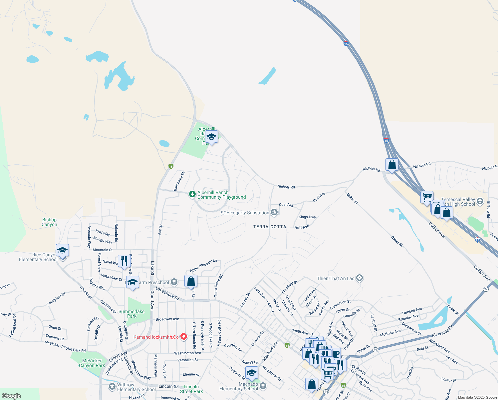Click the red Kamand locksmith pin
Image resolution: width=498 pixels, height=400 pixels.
183,337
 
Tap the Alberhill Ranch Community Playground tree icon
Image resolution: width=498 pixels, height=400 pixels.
192,194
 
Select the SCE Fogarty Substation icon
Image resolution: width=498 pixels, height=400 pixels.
274,212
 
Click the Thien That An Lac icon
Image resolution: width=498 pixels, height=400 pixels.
359,278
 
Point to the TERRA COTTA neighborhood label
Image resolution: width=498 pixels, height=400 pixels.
270,227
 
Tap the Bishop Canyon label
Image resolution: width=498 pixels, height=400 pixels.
49,222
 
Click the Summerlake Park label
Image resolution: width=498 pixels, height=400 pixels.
131,314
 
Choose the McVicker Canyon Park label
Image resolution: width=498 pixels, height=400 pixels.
92,363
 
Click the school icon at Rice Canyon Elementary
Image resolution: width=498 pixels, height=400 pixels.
62,250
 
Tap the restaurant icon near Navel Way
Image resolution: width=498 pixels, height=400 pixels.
124,261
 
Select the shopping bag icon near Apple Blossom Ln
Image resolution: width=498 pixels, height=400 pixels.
191,281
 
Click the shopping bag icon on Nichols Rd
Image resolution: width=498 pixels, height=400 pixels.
392,165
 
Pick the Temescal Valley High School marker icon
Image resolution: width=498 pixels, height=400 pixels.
480,201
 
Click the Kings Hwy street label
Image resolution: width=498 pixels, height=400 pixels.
307,217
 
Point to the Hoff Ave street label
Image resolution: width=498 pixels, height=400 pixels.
302,227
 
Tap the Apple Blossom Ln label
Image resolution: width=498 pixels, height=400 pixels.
203,265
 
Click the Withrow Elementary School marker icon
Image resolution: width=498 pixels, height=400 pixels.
112,387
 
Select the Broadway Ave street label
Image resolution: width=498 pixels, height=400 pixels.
167,319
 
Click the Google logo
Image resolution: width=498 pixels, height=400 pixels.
11,396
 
